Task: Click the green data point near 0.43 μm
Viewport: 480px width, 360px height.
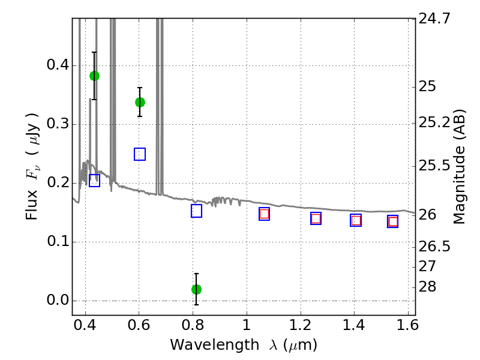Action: tap(95, 76)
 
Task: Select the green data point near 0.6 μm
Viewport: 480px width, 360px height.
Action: tap(140, 102)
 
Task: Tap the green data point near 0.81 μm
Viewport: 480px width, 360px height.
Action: tap(197, 289)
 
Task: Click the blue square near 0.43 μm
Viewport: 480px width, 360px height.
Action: tap(95, 181)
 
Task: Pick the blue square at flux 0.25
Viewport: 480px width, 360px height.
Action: tap(140, 154)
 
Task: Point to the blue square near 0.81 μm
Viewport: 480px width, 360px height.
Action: tap(197, 211)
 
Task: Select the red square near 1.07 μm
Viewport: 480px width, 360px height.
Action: tap(264, 214)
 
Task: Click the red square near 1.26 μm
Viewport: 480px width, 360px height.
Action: tap(316, 218)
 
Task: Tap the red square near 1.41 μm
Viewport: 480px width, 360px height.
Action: tap(356, 220)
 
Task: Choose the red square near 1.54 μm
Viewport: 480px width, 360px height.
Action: tap(393, 221)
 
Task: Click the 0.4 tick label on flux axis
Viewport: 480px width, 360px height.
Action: tap(58, 65)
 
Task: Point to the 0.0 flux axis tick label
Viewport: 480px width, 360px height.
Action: tap(58, 300)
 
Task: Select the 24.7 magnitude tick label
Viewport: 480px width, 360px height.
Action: tap(434, 19)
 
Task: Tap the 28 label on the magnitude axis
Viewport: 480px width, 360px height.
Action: tap(427, 287)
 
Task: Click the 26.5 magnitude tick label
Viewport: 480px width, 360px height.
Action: tap(434, 247)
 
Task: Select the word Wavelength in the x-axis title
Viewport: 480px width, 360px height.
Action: tap(215, 345)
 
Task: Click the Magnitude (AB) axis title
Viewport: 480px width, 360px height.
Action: tap(459, 167)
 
